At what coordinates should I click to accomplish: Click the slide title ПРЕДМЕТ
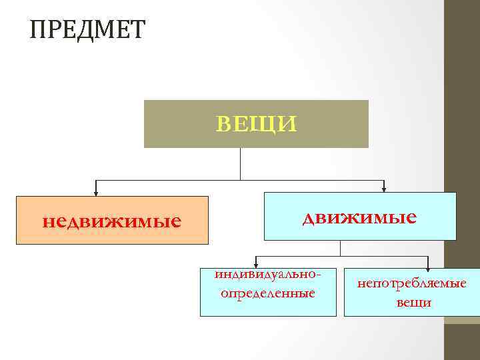click(x=87, y=29)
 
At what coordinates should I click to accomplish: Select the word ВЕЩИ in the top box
click(x=257, y=124)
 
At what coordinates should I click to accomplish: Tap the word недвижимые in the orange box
click(x=111, y=221)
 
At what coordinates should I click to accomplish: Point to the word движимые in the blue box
click(x=359, y=217)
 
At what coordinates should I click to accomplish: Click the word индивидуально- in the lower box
click(x=273, y=275)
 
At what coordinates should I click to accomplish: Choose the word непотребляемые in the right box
click(x=411, y=284)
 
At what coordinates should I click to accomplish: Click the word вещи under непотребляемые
click(x=413, y=303)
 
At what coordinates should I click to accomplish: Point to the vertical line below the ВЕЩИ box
click(x=240, y=164)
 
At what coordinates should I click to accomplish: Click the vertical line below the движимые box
click(x=341, y=248)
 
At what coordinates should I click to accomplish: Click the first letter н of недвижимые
click(x=47, y=221)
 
